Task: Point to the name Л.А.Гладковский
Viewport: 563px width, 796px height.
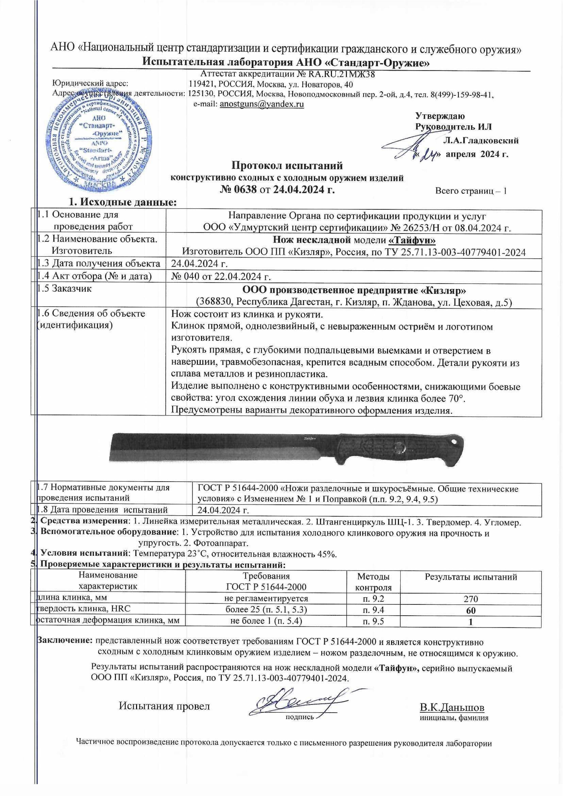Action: click(481, 140)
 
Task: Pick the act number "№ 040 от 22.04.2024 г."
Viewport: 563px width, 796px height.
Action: click(221, 276)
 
